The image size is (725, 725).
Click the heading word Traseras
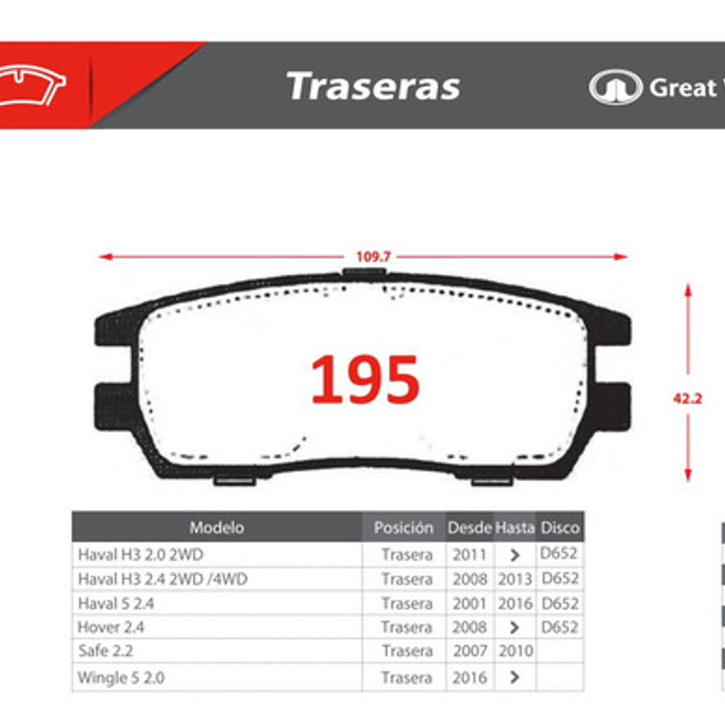point(373,86)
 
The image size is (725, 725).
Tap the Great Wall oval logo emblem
point(615,87)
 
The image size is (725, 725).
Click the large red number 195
point(365,380)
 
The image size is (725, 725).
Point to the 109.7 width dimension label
point(373,257)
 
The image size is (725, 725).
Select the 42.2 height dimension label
point(687,399)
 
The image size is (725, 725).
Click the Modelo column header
point(216,527)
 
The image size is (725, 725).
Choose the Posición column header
point(403,527)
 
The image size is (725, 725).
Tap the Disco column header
point(560,527)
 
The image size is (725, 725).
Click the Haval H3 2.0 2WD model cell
point(141,555)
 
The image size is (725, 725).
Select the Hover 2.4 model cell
point(111,627)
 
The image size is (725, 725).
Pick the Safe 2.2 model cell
point(106,651)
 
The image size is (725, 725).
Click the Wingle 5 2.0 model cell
point(121,678)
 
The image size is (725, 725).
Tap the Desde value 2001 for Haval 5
point(469,603)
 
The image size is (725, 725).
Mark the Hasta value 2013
point(515,579)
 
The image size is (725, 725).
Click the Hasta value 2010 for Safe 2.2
point(515,651)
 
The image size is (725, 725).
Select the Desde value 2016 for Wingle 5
point(469,678)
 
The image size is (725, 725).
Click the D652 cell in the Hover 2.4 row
point(560,627)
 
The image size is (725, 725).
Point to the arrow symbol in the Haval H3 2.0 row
point(514,555)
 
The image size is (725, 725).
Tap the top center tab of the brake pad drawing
point(363,273)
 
